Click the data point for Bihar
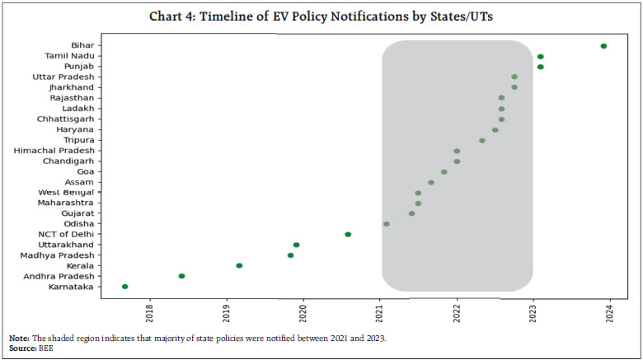(x=603, y=46)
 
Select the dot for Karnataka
(x=125, y=287)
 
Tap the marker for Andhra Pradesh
(x=181, y=276)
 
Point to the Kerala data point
(x=239, y=265)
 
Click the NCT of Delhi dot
(x=348, y=234)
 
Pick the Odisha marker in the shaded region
(x=386, y=223)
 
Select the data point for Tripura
(x=482, y=140)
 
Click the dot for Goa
(x=444, y=172)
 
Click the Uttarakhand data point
(x=296, y=245)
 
